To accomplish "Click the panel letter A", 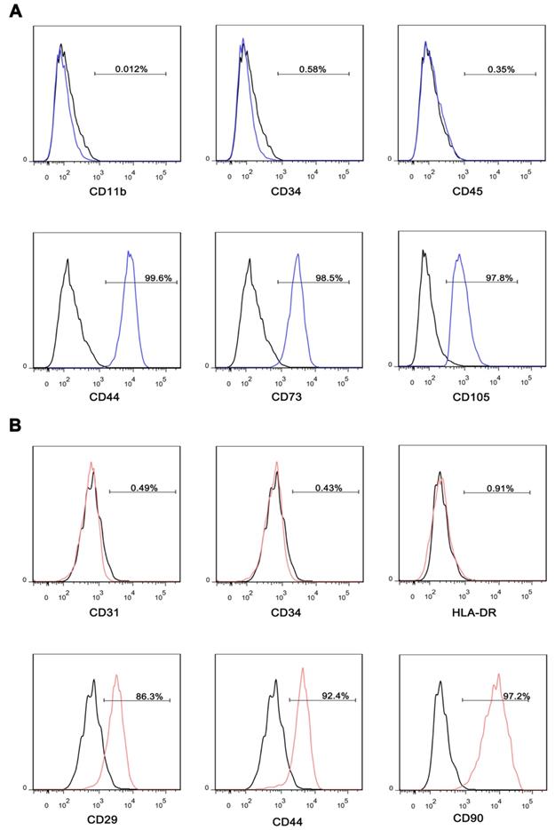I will pos(15,15).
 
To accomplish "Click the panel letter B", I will pos(15,426).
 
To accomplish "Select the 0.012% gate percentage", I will pos(130,68).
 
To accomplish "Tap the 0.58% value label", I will pos(313,68).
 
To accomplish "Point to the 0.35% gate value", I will pos(500,68).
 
